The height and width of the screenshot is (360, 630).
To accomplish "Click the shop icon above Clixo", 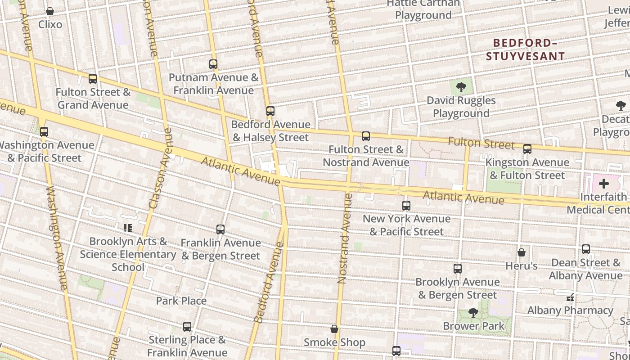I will click(x=50, y=11).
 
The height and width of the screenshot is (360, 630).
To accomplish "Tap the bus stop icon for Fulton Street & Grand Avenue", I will click(x=93, y=79).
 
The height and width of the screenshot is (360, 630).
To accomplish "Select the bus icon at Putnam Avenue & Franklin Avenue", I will click(x=213, y=64).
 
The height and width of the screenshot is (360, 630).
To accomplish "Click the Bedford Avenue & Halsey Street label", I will click(x=270, y=131).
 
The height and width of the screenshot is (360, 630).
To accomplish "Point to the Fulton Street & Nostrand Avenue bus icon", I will click(x=366, y=136).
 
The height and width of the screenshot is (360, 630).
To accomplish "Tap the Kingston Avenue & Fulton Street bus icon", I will click(x=527, y=148).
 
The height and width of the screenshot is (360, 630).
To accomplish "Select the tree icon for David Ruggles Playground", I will click(x=461, y=87).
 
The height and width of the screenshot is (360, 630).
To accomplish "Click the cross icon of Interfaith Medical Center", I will click(x=604, y=184).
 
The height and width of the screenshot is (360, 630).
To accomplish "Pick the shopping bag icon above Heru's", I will click(x=522, y=252).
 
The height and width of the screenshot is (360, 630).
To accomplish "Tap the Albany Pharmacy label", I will click(x=570, y=310).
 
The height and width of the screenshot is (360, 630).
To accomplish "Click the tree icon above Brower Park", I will click(x=473, y=312).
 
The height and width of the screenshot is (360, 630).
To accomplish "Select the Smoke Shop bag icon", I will click(x=334, y=329).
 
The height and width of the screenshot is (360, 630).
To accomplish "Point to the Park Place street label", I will click(x=181, y=301).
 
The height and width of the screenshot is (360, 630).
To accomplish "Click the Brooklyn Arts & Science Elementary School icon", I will click(x=128, y=228).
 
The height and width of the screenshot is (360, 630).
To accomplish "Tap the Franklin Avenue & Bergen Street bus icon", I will click(x=220, y=229).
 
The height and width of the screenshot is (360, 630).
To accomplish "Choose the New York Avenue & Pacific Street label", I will click(x=406, y=225).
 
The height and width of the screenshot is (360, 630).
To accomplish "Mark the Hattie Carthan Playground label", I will click(x=423, y=9).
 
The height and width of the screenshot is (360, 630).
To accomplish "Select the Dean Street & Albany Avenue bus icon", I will click(x=586, y=249).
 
